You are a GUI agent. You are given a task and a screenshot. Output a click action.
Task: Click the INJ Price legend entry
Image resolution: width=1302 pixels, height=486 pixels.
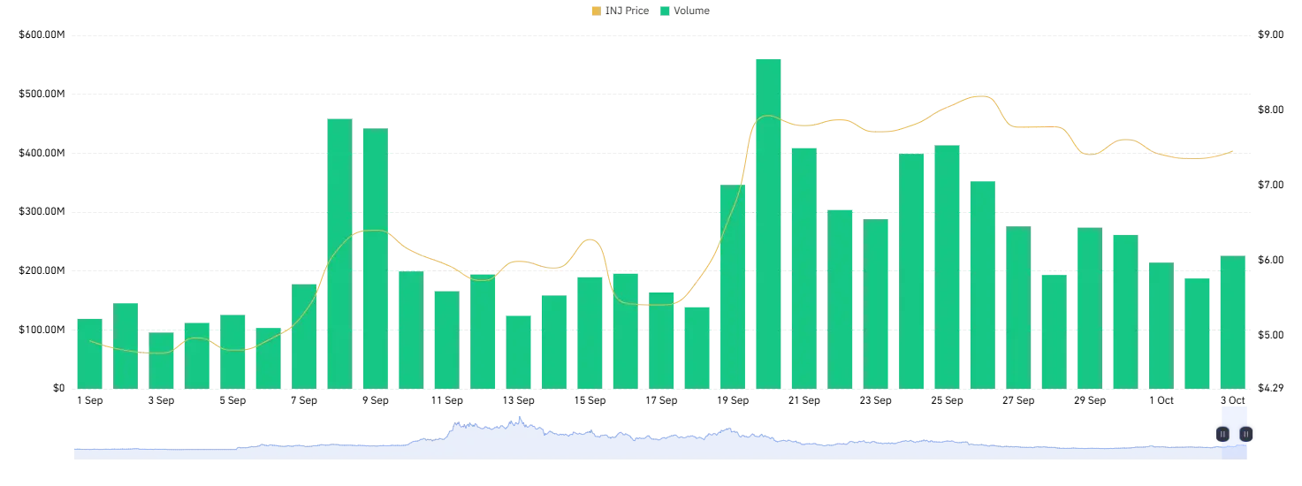click(x=621, y=11)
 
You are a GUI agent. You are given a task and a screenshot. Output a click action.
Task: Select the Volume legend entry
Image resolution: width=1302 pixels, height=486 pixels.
click(x=685, y=11)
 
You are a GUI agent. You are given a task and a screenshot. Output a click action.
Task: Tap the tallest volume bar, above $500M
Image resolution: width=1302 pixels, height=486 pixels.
click(x=768, y=224)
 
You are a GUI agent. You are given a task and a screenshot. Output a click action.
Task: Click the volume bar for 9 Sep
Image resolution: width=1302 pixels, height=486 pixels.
click(x=376, y=258)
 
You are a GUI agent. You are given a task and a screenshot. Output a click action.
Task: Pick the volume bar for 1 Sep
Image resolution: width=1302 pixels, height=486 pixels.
click(x=89, y=353)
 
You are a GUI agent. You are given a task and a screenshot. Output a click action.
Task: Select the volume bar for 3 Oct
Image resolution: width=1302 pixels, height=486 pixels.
click(x=1233, y=322)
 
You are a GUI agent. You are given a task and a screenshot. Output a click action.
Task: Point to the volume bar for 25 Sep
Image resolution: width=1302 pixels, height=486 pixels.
click(x=947, y=267)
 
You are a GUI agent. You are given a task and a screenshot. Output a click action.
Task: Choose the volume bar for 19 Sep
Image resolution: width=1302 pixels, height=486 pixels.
click(x=733, y=286)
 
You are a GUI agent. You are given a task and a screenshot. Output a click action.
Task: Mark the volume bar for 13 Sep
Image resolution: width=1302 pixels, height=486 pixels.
click(x=518, y=353)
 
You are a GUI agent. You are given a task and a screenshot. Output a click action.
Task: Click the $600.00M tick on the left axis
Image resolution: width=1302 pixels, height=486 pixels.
click(x=42, y=34)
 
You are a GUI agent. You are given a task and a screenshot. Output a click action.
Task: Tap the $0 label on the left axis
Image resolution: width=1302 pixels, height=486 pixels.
click(x=58, y=388)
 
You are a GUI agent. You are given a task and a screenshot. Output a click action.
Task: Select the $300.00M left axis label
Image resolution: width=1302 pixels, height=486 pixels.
click(x=42, y=211)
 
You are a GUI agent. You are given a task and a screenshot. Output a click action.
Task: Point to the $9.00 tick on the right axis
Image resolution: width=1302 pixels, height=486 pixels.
click(x=1270, y=34)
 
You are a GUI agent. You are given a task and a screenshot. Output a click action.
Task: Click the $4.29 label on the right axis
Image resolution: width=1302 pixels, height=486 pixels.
click(x=1270, y=388)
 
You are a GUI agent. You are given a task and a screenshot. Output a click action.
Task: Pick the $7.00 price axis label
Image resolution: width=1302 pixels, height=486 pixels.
click(x=1270, y=185)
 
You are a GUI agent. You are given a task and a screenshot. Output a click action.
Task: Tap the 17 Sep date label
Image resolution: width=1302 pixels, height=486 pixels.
click(x=661, y=400)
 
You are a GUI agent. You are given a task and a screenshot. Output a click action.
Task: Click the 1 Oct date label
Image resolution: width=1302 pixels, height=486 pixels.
click(x=1161, y=400)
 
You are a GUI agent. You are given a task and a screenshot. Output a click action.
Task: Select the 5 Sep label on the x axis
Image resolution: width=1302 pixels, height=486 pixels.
click(x=232, y=400)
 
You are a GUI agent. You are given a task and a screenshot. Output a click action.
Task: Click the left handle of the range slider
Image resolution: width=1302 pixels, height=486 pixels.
click(x=1222, y=434)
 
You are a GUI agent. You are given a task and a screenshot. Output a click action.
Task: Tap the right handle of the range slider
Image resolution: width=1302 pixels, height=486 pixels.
click(x=1245, y=434)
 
